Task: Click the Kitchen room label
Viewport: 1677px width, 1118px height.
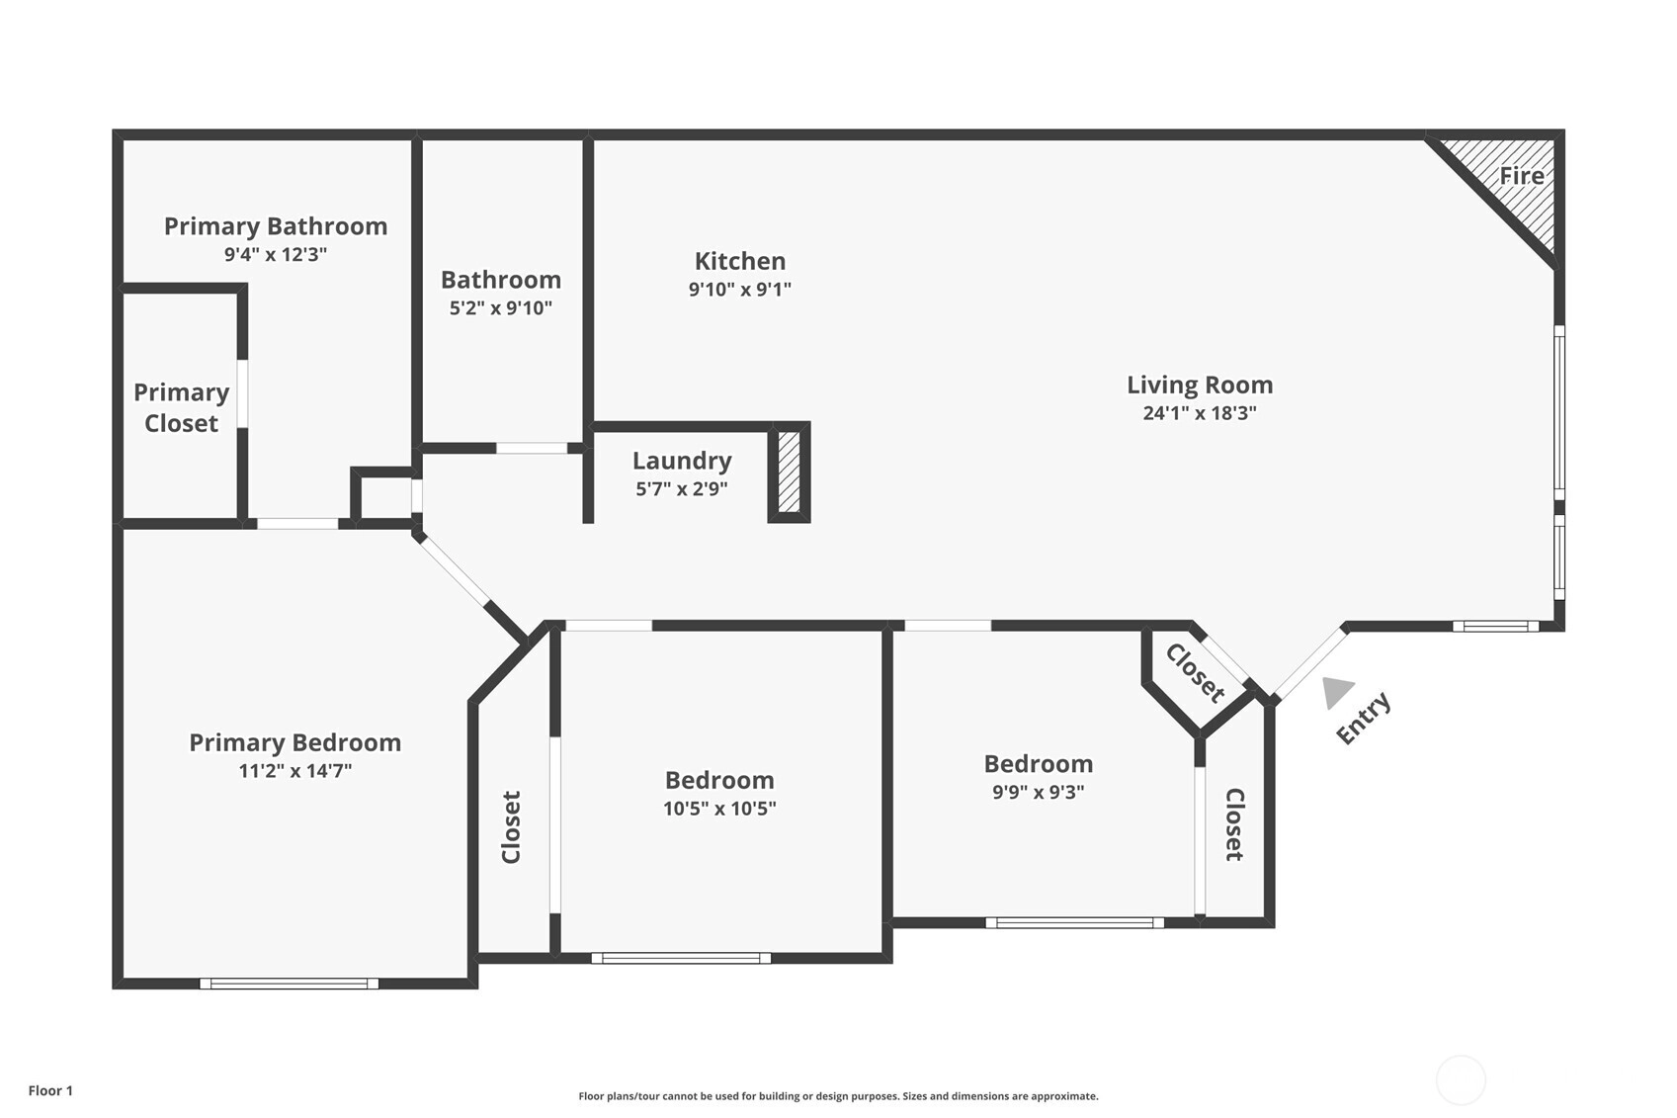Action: [x=739, y=261]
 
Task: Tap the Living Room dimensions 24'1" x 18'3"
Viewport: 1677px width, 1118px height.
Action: [x=1200, y=412]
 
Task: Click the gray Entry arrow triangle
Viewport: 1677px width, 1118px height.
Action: [x=1336, y=691]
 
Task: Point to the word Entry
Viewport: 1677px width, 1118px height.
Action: [x=1364, y=718]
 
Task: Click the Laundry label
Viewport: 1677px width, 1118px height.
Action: [x=682, y=461]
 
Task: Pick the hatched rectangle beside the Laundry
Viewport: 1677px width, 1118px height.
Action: [x=789, y=472]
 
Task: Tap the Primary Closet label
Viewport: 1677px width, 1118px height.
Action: [x=181, y=407]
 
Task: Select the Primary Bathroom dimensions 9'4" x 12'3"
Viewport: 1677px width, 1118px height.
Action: [x=276, y=255]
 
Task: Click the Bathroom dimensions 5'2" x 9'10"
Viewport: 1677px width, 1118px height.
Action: [x=501, y=307]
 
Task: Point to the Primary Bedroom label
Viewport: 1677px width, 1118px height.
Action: [x=294, y=742]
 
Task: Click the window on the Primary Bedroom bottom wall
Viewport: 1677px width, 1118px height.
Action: [x=289, y=984]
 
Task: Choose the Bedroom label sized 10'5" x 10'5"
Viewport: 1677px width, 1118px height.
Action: [x=719, y=780]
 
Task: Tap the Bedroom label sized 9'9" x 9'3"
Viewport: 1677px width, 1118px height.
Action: [x=1039, y=763]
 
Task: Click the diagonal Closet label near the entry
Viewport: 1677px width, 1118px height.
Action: [x=1196, y=673]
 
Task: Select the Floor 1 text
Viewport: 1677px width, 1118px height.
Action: [x=51, y=1090]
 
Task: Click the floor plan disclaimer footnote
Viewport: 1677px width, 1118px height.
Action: [x=838, y=1095]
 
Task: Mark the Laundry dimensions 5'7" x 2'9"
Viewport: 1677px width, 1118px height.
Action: [x=682, y=489]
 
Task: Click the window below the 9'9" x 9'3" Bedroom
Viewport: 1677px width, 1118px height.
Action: [x=1074, y=922]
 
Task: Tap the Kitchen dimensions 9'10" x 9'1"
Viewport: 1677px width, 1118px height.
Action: [x=739, y=289]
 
